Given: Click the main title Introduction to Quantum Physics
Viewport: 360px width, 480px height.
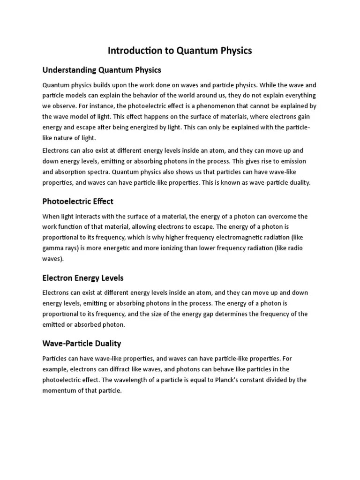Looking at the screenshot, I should [180, 50].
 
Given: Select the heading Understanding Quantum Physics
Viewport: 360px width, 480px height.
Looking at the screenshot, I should [102, 70].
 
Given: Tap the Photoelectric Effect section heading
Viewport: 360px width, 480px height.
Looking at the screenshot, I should [78, 201].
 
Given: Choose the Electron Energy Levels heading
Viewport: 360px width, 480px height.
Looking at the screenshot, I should [83, 278].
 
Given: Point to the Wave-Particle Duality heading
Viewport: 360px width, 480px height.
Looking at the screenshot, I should [82, 343].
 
